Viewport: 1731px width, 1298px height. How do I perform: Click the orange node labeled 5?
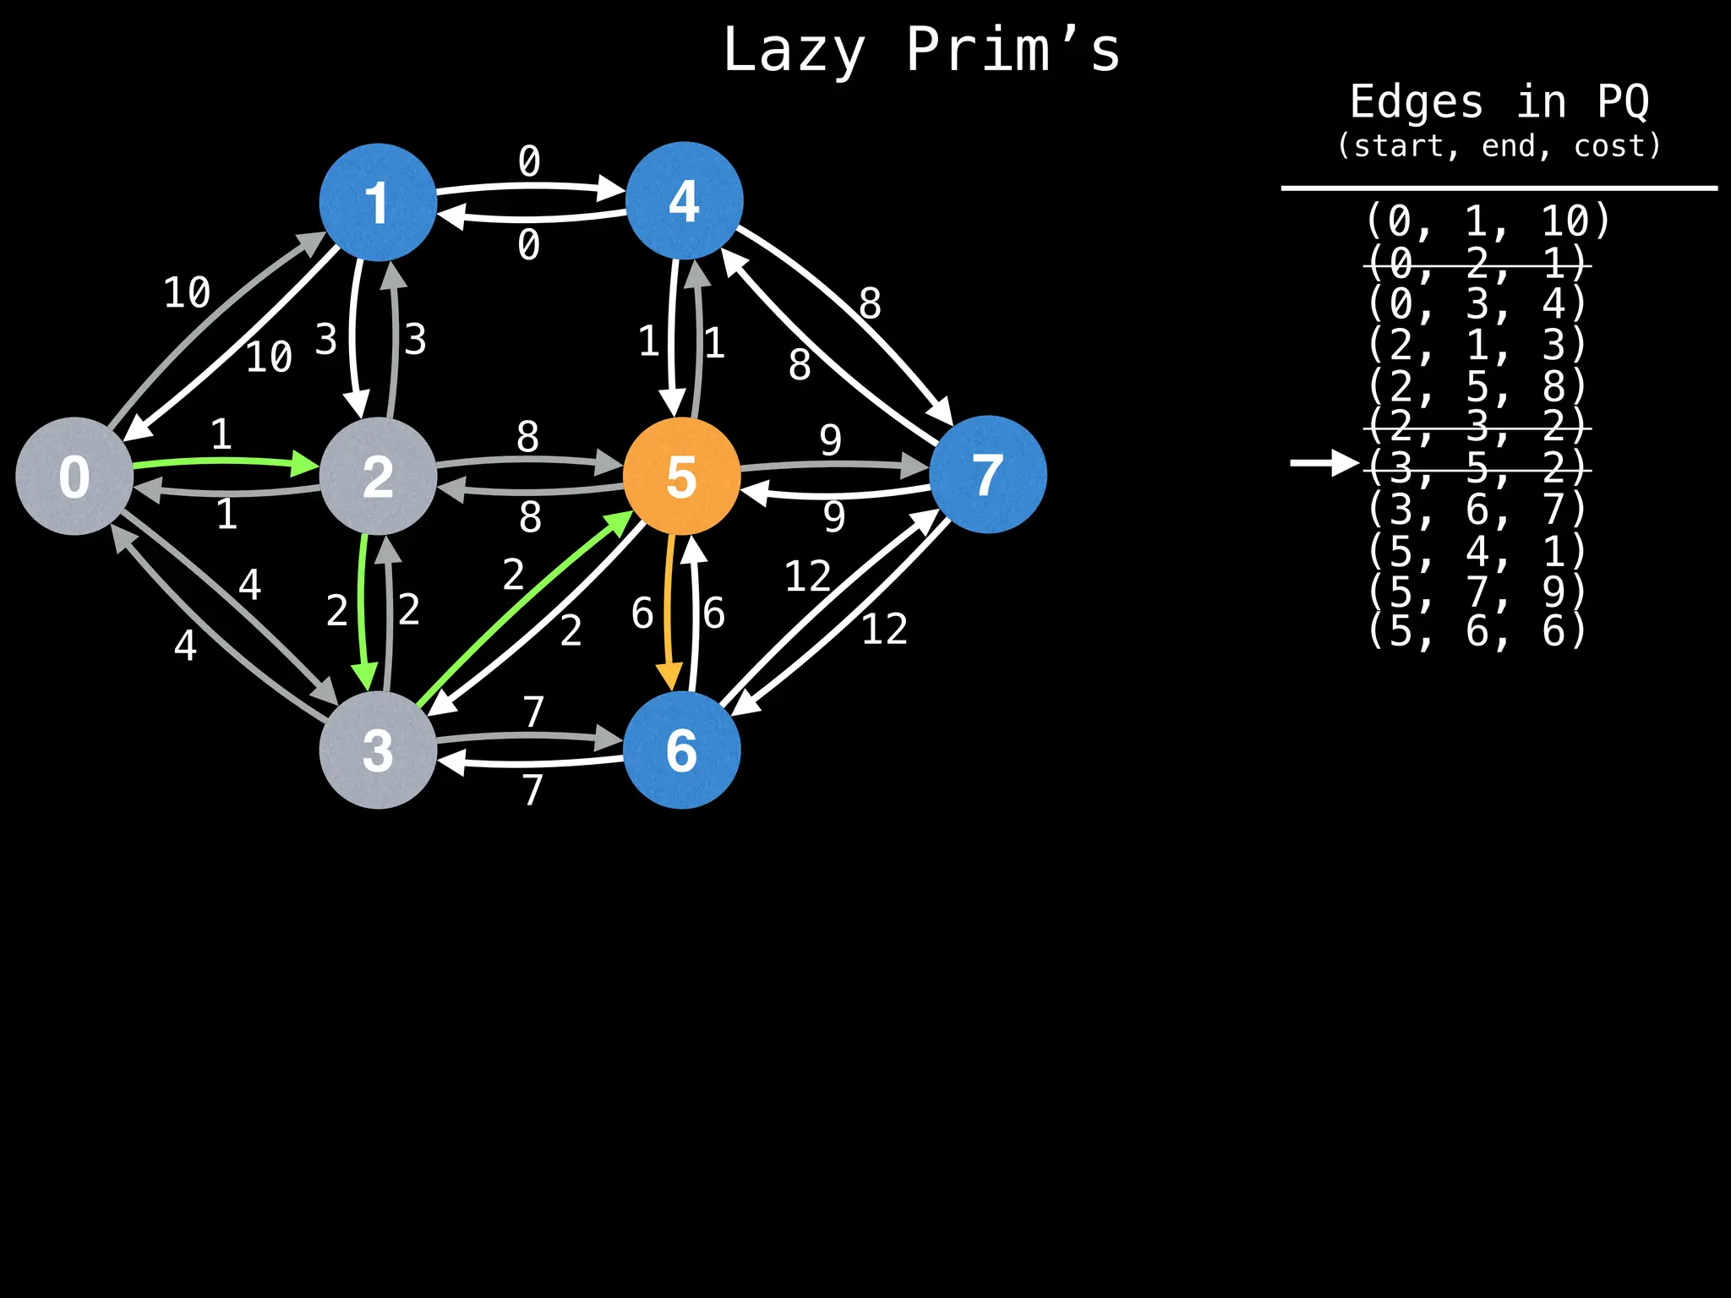pyautogui.click(x=681, y=476)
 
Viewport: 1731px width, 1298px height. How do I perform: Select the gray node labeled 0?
pyautogui.click(x=74, y=476)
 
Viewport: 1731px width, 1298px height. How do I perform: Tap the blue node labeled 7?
pyautogui.click(x=987, y=474)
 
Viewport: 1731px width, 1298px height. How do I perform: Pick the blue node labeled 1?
pyautogui.click(x=378, y=202)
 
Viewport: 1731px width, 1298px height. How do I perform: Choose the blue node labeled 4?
pyautogui.click(x=684, y=200)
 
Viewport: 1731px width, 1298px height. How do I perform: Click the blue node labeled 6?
pyautogui.click(x=681, y=750)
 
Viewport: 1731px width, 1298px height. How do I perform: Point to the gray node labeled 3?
pyautogui.click(x=378, y=750)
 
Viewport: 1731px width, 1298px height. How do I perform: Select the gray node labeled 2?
pyautogui.click(x=378, y=477)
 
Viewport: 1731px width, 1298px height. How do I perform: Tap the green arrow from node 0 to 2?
pyautogui.click(x=224, y=461)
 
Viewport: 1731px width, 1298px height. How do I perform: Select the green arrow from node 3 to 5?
pyautogui.click(x=524, y=608)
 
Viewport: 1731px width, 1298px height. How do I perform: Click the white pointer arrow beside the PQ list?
pyautogui.click(x=1323, y=462)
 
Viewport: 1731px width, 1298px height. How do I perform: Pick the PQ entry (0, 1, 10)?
pyautogui.click(x=1488, y=221)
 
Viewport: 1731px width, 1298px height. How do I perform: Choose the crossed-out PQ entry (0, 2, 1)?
pyautogui.click(x=1477, y=264)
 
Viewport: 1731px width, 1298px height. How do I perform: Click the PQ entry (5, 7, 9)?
pyautogui.click(x=1477, y=591)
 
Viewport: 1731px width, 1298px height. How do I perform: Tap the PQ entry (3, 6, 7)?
pyautogui.click(x=1477, y=509)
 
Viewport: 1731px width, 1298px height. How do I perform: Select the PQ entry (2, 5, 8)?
pyautogui.click(x=1477, y=386)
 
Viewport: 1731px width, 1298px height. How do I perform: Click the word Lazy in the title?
pyautogui.click(x=794, y=51)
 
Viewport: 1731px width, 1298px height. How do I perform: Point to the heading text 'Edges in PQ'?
pyautogui.click(x=1499, y=102)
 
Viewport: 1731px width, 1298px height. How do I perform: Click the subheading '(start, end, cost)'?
pyautogui.click(x=1499, y=146)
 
